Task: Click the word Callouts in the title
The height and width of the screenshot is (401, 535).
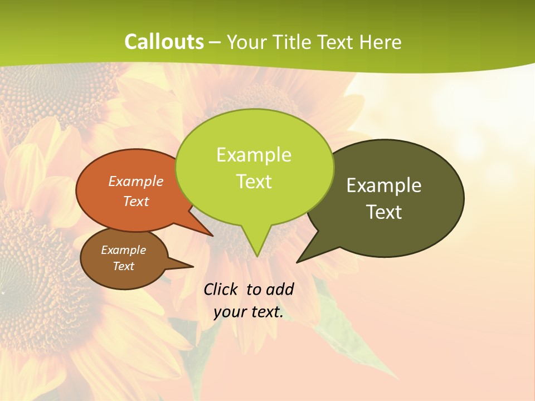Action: coord(164,42)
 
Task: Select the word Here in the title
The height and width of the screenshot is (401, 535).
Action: coord(381,42)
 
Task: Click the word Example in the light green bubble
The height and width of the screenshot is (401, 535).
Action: coord(254,155)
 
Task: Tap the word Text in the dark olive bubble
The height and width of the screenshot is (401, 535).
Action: coord(384,212)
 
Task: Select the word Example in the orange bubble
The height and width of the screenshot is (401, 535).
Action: coord(136,181)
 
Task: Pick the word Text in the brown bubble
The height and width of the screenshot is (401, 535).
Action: coord(124,266)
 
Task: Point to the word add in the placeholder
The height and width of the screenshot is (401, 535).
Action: coord(279,289)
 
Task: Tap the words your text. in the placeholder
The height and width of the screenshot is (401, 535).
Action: coord(248,312)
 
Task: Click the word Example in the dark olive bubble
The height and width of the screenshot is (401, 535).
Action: coord(384,185)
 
